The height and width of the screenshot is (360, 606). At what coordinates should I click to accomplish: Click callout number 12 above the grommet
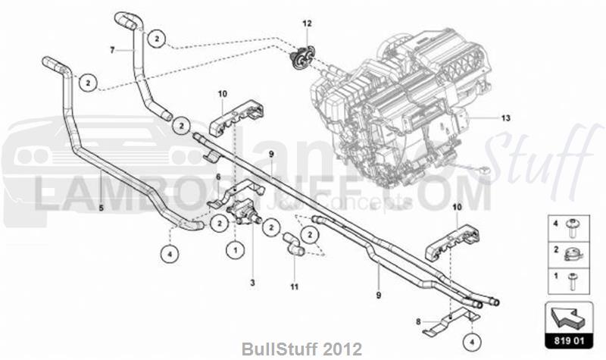click(x=307, y=24)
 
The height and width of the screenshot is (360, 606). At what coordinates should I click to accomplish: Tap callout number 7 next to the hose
click(x=111, y=50)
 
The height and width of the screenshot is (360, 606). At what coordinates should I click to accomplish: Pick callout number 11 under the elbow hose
click(x=294, y=287)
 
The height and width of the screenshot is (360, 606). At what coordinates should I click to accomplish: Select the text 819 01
click(x=567, y=342)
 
